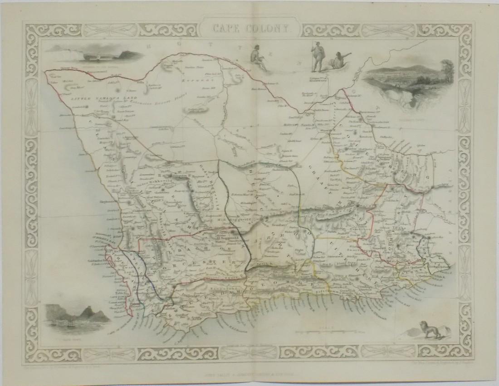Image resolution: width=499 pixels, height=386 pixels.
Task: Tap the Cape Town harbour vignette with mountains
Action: [x=78, y=317]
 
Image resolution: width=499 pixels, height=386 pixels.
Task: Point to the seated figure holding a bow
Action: [x=260, y=60]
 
